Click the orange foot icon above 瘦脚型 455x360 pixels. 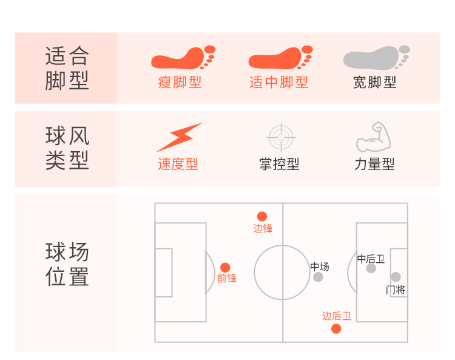click(182, 58)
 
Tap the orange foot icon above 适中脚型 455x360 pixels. click(280, 58)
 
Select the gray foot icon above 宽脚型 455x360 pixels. click(376, 58)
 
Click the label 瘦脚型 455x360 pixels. click(180, 83)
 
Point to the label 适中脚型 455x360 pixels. click(278, 83)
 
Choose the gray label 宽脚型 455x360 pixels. click(375, 83)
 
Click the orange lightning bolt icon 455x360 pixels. click(179, 137)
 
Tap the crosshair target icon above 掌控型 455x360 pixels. click(281, 137)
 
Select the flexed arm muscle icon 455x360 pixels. click(373, 137)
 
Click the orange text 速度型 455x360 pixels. click(178, 164)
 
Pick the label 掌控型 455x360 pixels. click(279, 164)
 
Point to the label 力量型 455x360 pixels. click(374, 164)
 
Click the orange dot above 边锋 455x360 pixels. click(262, 216)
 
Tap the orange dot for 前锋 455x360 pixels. click(225, 268)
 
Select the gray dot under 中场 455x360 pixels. click(318, 277)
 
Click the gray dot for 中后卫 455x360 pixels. click(371, 268)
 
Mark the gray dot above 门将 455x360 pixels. click(396, 277)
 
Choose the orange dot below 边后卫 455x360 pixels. click(336, 329)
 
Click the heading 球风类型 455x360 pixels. click(67, 148)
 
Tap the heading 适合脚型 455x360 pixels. click(67, 68)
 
